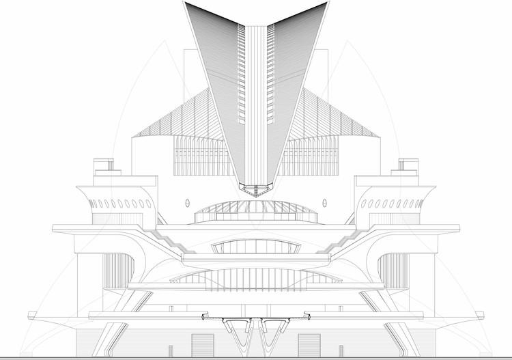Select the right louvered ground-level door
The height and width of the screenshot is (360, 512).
[x=308, y=344]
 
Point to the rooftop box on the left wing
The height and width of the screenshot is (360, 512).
[x=104, y=166]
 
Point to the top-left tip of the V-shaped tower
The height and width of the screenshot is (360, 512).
[x=186, y=3]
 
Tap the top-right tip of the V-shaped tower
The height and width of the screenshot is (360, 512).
[x=326, y=3]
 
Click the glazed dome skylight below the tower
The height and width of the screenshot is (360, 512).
[x=256, y=210]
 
